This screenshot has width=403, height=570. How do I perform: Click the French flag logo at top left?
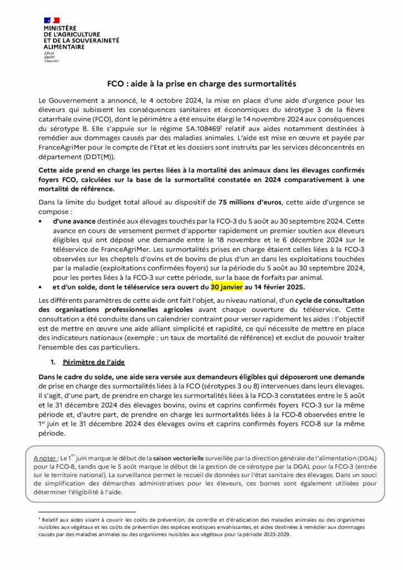pos(51,21)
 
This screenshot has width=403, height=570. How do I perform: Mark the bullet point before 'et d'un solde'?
pos(40,287)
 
